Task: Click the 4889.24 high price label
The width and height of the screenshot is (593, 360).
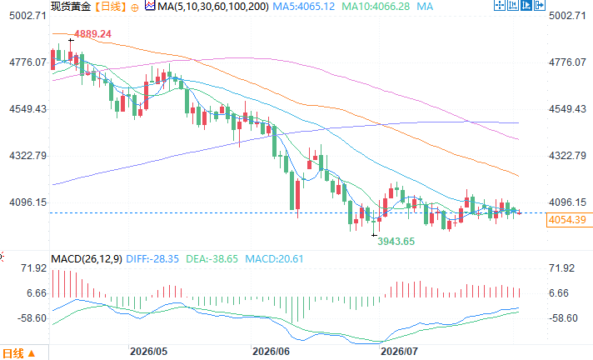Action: [x=92, y=34]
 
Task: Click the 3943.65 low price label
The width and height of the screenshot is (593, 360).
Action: [x=396, y=242]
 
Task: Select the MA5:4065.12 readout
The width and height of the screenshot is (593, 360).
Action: [x=304, y=6]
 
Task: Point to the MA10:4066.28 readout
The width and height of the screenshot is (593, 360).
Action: [x=376, y=6]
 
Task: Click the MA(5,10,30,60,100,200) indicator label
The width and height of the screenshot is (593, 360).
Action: [x=213, y=6]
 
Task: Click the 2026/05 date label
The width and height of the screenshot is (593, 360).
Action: [x=148, y=352]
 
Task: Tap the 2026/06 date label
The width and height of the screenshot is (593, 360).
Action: [x=272, y=352]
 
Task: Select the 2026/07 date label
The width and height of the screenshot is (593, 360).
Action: [x=399, y=352]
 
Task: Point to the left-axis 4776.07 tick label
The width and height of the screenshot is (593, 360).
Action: [x=27, y=62]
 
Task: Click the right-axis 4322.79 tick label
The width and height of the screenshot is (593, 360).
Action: [x=567, y=156]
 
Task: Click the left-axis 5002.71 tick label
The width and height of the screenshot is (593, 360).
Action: [x=27, y=16]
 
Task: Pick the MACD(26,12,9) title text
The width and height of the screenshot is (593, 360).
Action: [x=87, y=259]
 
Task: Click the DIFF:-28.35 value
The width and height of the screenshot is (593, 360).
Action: [x=152, y=259]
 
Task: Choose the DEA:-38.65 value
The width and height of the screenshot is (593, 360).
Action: [x=212, y=259]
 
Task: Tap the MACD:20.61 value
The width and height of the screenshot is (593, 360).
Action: [x=274, y=259]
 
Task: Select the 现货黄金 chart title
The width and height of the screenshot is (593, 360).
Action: [x=71, y=6]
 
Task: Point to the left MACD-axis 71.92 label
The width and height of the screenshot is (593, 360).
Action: [x=33, y=268]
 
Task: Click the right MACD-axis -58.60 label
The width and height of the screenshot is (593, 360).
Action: [x=563, y=318]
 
